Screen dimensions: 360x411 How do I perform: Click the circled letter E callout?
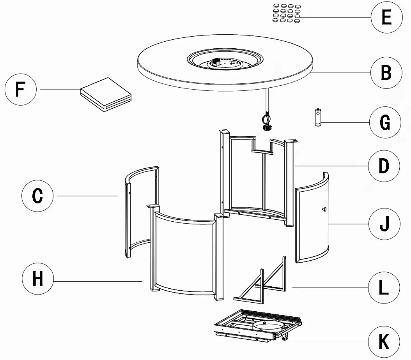point(386,18)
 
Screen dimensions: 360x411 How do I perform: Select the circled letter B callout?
point(386,73)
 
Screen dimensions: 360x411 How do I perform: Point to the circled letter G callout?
point(385,123)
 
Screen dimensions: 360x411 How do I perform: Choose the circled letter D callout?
point(384,166)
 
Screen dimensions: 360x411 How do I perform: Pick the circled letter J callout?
point(384,224)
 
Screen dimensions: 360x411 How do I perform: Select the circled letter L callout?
point(384,288)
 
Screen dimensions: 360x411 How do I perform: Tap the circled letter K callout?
point(384,342)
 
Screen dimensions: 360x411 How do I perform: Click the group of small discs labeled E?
point(287,13)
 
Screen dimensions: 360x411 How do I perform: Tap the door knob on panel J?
point(323,210)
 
